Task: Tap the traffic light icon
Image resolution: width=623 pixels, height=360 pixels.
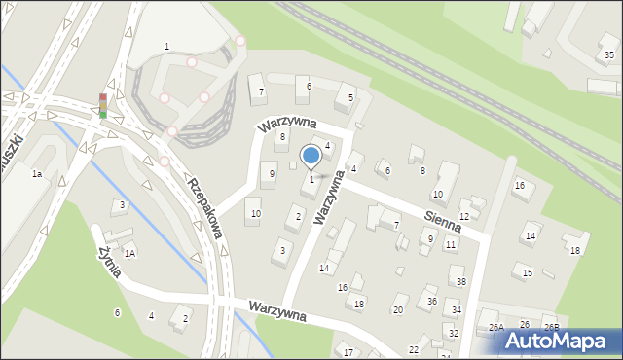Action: pyautogui.click(x=102, y=106)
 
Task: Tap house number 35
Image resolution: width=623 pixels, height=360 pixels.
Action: pyautogui.click(x=608, y=54)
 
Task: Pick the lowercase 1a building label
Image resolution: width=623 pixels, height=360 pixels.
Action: pyautogui.click(x=37, y=173)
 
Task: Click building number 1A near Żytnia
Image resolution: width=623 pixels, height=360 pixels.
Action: pyautogui.click(x=128, y=253)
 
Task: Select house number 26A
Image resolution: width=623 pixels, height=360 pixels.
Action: pyautogui.click(x=495, y=327)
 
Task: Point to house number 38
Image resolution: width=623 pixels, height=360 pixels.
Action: pyautogui.click(x=461, y=282)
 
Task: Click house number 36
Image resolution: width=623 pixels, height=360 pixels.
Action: pyautogui.click(x=431, y=302)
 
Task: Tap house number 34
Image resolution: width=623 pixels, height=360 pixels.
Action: pyautogui.click(x=456, y=310)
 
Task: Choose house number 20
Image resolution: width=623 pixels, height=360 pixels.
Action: pyautogui.click(x=397, y=310)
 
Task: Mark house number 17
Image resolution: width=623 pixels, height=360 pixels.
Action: pyautogui.click(x=348, y=353)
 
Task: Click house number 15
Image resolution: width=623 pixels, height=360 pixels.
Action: pyautogui.click(x=528, y=272)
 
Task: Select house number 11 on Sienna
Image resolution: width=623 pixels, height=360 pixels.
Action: pyautogui.click(x=450, y=244)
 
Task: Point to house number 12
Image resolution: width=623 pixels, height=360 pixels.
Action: pyautogui.click(x=464, y=216)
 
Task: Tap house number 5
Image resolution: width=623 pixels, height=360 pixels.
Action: pyautogui.click(x=350, y=97)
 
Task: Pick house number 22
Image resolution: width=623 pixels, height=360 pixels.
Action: pyautogui.click(x=414, y=349)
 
